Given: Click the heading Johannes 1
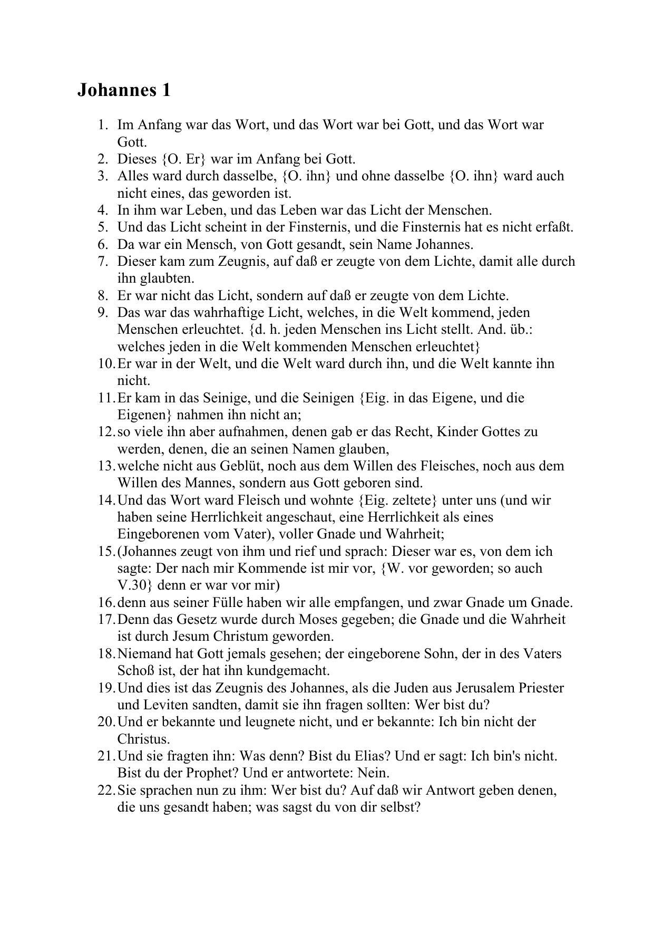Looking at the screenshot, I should coord(124,90).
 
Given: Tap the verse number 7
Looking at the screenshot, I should coord(103,262).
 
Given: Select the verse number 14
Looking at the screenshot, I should coord(105,500).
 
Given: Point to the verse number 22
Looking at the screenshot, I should coord(105,791).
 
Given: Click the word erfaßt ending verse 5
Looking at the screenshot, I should coord(553,227).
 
